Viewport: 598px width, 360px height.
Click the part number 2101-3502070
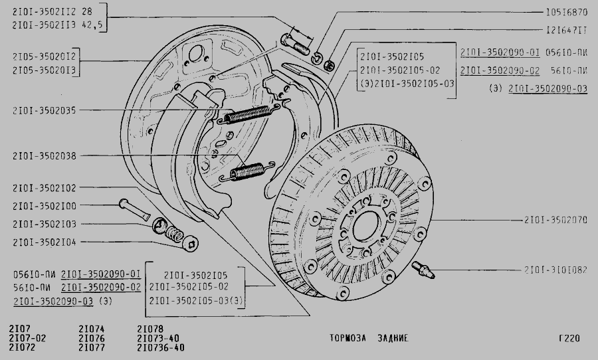(555, 219)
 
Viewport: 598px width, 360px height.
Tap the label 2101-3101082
(555, 270)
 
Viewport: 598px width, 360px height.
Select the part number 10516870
(566, 13)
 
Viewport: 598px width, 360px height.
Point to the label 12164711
(566, 30)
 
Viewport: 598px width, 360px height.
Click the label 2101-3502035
(44, 110)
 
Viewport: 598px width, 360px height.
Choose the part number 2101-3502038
(44, 156)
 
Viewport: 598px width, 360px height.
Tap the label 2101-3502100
(44, 206)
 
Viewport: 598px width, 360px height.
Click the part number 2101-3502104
(44, 242)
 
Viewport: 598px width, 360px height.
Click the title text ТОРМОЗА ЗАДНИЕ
(369, 338)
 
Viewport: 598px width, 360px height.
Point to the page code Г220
(569, 338)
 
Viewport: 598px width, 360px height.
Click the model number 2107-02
(27, 337)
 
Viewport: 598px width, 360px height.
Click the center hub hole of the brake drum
(361, 230)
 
